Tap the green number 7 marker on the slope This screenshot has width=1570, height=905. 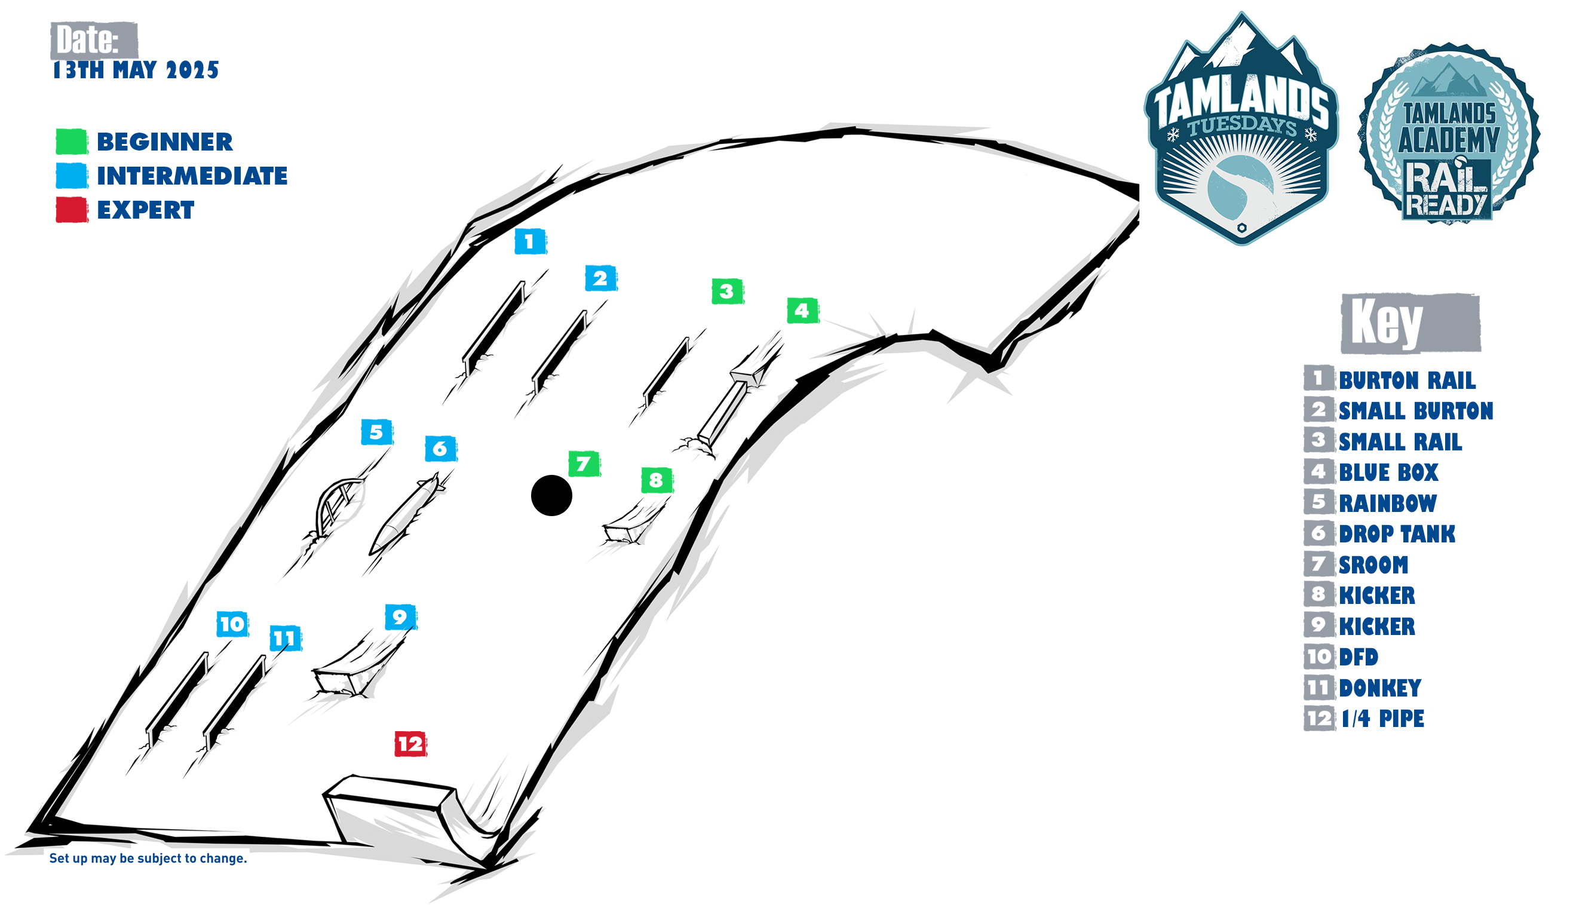coord(584,464)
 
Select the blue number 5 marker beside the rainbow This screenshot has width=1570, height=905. coord(376,432)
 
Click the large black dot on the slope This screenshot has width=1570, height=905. coord(551,495)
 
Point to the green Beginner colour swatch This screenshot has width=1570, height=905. coord(72,142)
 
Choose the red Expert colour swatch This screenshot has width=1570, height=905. coord(72,210)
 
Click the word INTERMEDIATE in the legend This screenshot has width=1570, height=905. coord(192,176)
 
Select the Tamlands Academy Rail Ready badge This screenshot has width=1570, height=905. coord(1449,133)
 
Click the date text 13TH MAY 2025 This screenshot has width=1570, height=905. coord(136,70)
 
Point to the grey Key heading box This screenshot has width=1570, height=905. coord(1410,323)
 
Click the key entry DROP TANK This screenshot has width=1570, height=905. coord(1397,534)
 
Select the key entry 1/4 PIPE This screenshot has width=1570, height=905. coord(1382,719)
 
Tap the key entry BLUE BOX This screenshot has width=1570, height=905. coord(1388,473)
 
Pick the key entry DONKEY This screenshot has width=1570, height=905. coord(1380,688)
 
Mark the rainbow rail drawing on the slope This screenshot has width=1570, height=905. coord(336,507)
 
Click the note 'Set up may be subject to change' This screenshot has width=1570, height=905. coord(148,858)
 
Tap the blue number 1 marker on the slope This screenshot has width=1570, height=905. coord(530,241)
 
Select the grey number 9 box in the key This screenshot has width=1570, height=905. coord(1318,625)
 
